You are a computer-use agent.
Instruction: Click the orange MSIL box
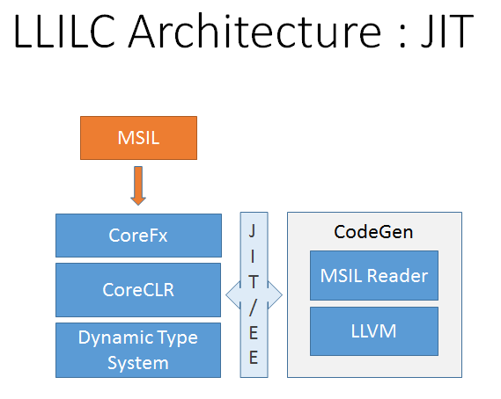pos(138,138)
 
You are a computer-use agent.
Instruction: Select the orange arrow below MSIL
pos(138,185)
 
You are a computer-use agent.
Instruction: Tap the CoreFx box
pos(138,236)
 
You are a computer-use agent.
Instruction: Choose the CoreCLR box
pos(138,290)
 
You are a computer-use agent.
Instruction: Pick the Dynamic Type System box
pos(138,350)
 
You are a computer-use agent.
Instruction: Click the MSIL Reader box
pos(374,276)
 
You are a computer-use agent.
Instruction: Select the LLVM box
pos(374,331)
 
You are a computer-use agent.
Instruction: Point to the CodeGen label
pos(373,232)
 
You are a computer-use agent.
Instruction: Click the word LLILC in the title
pos(64,32)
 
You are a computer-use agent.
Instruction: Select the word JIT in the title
pos(447,32)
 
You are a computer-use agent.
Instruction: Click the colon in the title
pos(402,36)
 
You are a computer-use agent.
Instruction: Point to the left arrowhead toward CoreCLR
pos(233,295)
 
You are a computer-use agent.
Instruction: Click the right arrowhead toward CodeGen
pos(275,295)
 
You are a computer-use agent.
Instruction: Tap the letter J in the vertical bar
pos(253,231)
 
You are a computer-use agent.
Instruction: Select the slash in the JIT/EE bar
pos(253,307)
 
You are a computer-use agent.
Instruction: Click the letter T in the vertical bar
pos(254,282)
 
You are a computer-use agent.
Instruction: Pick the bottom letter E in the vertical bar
pos(254,357)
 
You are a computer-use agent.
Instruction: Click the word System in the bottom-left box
pos(138,363)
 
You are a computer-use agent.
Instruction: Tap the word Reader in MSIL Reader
pos(397,276)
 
